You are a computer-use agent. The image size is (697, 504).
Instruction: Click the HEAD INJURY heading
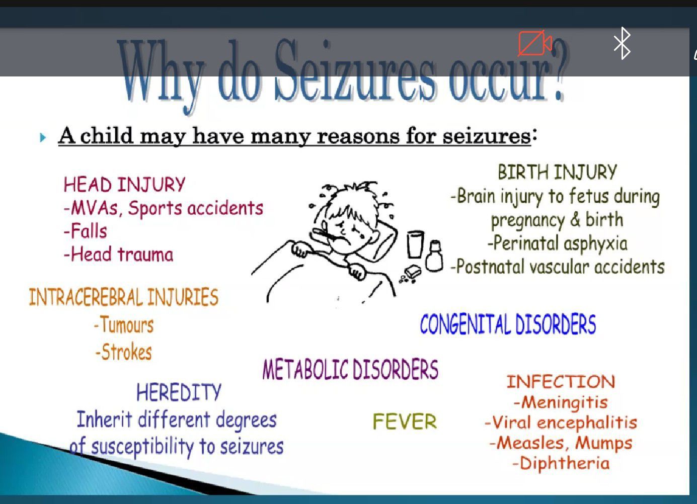[x=124, y=185]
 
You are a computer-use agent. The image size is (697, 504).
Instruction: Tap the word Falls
[x=89, y=231]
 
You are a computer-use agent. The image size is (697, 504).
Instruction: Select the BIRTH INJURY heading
[x=557, y=172]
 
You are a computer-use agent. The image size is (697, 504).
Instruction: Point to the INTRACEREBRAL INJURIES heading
[x=123, y=297]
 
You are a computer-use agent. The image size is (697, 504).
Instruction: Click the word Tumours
[x=127, y=324]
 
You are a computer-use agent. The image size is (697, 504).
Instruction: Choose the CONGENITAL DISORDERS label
[x=508, y=324]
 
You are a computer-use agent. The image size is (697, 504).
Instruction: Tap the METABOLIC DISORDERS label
[x=350, y=369]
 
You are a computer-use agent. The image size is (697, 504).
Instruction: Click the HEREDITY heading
[x=179, y=392]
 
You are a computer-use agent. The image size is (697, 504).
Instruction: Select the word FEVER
[x=405, y=422]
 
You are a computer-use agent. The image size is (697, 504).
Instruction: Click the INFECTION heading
[x=561, y=381]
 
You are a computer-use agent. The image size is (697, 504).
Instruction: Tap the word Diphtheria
[x=565, y=463]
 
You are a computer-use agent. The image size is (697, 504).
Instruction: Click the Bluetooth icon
[x=622, y=43]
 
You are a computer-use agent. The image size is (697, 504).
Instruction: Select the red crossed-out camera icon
[x=535, y=43]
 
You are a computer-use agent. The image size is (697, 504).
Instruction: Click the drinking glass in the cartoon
[x=415, y=244]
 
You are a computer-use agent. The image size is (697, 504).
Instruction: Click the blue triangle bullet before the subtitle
[x=43, y=137]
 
